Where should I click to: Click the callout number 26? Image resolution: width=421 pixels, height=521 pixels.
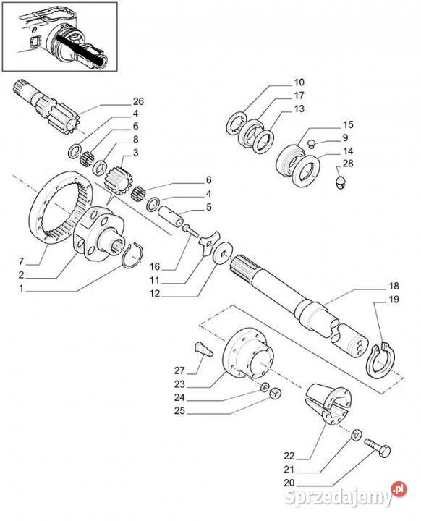(x=138, y=101)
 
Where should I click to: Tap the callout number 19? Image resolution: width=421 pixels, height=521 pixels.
(x=394, y=300)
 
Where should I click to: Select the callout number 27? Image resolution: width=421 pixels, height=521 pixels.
(x=179, y=370)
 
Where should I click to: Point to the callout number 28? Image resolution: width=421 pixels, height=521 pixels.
(x=348, y=164)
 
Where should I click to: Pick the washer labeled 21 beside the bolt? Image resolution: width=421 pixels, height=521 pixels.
(x=357, y=434)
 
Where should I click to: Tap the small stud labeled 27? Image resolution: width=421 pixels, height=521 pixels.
(x=203, y=349)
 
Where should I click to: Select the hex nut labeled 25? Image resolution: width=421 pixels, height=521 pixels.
(x=275, y=394)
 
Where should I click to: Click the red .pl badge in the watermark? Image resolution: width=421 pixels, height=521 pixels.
(x=399, y=489)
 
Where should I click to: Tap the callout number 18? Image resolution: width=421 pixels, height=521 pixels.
(x=394, y=286)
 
